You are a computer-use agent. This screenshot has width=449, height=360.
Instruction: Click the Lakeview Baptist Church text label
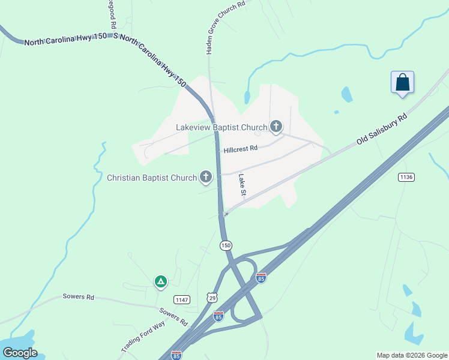point(221,127)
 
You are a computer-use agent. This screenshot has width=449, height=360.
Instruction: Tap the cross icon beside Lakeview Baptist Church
point(276,126)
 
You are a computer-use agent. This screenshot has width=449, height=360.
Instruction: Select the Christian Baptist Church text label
point(151,178)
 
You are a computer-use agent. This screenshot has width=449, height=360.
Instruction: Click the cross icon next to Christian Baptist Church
point(206,176)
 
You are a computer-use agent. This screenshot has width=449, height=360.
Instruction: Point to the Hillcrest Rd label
point(240,149)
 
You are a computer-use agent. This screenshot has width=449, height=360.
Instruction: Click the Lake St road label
point(243,185)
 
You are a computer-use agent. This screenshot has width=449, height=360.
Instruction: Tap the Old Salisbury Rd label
point(382,128)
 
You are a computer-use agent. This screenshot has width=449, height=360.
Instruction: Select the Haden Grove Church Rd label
point(225,28)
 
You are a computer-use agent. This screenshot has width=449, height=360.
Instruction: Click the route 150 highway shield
point(226,245)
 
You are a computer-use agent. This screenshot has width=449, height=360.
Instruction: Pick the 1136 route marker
point(406,177)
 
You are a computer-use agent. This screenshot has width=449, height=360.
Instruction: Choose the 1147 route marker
point(181,299)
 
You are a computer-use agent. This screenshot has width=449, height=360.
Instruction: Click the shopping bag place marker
point(402,83)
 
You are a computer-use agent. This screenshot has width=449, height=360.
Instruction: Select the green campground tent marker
point(160,281)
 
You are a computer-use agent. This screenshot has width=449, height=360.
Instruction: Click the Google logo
point(19,353)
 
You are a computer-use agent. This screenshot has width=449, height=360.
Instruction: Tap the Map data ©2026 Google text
point(412,355)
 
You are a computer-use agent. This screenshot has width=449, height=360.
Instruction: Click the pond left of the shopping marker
point(346,94)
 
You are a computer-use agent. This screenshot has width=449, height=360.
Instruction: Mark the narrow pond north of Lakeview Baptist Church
point(247,97)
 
